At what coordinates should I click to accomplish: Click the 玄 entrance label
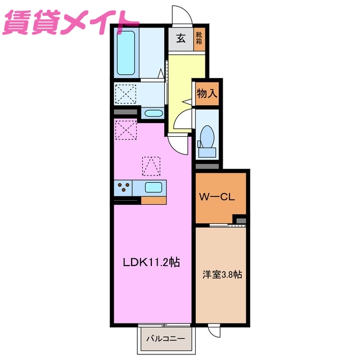pyautogui.click(x=181, y=39)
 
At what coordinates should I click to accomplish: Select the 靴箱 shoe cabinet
pyautogui.click(x=199, y=41)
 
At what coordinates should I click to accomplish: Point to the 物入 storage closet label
pyautogui.click(x=206, y=94)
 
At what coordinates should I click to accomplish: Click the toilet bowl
pyautogui.click(x=206, y=136)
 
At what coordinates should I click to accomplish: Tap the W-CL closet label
pyautogui.click(x=220, y=197)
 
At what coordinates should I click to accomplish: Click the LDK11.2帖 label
pyautogui.click(x=152, y=262)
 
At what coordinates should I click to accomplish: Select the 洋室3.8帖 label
pyautogui.click(x=222, y=275)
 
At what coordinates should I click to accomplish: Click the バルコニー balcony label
pyautogui.click(x=166, y=339)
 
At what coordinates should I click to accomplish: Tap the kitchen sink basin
pyautogui.click(x=154, y=188)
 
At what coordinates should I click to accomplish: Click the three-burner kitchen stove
pyautogui.click(x=124, y=187)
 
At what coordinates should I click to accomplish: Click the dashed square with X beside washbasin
pyautogui.click(x=126, y=93)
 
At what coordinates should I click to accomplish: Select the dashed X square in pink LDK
pyautogui.click(x=126, y=130)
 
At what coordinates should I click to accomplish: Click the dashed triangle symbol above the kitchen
pyautogui.click(x=151, y=165)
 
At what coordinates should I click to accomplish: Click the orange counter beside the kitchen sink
pyautogui.click(x=154, y=200)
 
